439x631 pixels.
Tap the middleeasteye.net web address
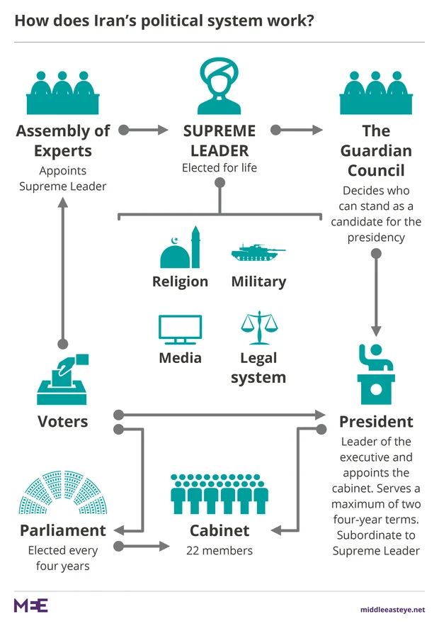point(392,609)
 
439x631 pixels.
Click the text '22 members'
point(219,550)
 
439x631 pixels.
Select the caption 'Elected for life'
point(219,168)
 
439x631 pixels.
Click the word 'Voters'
point(63,422)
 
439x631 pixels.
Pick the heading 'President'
point(376,422)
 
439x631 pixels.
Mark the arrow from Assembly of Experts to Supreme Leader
point(144,130)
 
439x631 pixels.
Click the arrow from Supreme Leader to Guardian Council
point(297,130)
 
